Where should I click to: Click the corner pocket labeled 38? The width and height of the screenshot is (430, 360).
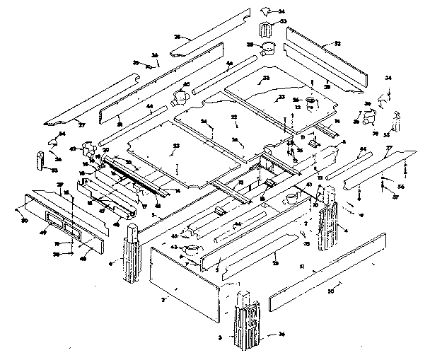click(x=269, y=50)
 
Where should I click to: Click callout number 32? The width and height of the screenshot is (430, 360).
click(x=337, y=45)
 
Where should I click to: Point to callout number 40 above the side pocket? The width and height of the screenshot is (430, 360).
click(x=187, y=85)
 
